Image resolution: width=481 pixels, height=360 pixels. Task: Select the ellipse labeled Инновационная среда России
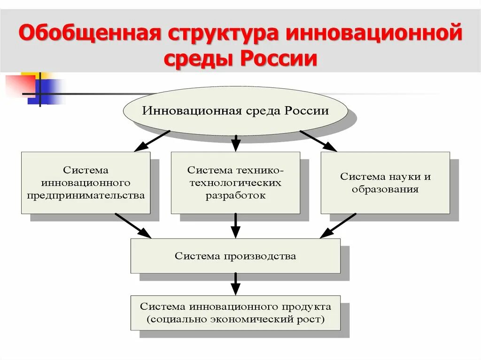click(235, 111)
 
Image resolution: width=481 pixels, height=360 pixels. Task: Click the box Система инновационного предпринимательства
click(85, 183)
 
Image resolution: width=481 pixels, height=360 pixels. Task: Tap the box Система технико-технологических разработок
click(235, 183)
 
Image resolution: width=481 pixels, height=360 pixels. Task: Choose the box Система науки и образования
click(385, 183)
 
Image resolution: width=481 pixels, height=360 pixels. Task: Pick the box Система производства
click(235, 256)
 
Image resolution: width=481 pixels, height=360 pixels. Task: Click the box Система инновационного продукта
click(235, 313)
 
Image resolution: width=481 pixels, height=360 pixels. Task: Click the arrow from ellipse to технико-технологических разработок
click(236, 143)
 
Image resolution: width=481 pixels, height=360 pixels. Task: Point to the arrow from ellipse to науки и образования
click(318, 140)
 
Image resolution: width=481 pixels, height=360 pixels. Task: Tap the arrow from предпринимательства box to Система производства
click(133, 226)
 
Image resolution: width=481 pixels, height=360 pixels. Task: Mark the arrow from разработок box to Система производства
click(236, 226)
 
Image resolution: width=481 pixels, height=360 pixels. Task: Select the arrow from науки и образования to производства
click(338, 226)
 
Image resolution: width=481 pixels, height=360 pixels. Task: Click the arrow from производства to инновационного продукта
click(236, 284)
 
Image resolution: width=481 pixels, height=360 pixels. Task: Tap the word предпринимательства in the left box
click(85, 195)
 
